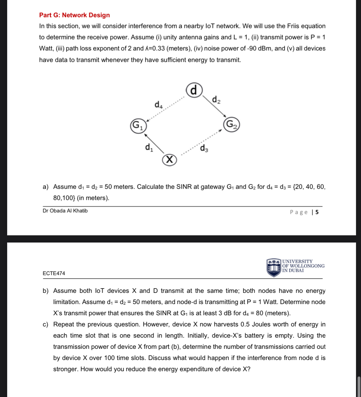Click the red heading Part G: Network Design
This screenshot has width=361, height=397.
coord(74,15)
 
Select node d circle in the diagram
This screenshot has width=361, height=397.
coord(194,90)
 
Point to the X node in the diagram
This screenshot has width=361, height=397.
coord(169,160)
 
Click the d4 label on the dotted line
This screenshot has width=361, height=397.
coord(159,104)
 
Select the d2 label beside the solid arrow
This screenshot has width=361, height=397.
coord(216,100)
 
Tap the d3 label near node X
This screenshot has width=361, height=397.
coord(204,148)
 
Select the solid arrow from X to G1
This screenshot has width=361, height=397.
coord(154,143)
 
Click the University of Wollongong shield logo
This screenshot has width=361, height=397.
coord(273,267)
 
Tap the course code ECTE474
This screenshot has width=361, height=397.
coord(54,273)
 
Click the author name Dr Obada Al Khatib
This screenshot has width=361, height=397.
coord(65,211)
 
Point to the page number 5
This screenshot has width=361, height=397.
coord(317,212)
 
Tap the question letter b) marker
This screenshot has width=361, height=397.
coord(46,291)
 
